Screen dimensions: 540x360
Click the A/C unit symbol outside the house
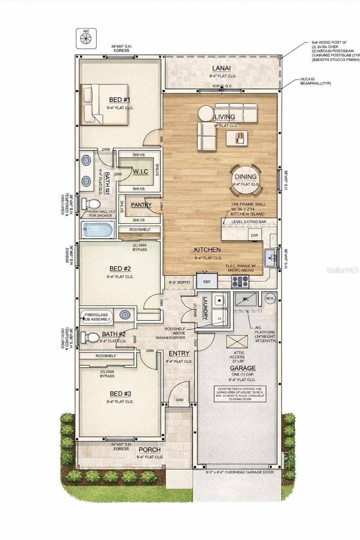[86, 39]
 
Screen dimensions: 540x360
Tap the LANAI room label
[221, 68]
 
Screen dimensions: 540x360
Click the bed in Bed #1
[104, 105]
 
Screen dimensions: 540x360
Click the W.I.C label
[138, 171]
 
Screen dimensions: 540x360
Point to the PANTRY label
[141, 205]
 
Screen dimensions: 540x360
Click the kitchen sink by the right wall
[271, 258]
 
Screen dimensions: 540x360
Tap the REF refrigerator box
[207, 281]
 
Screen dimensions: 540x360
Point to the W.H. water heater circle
[270, 298]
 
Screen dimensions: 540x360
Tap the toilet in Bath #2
[93, 337]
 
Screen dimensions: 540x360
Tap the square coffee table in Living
[237, 137]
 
